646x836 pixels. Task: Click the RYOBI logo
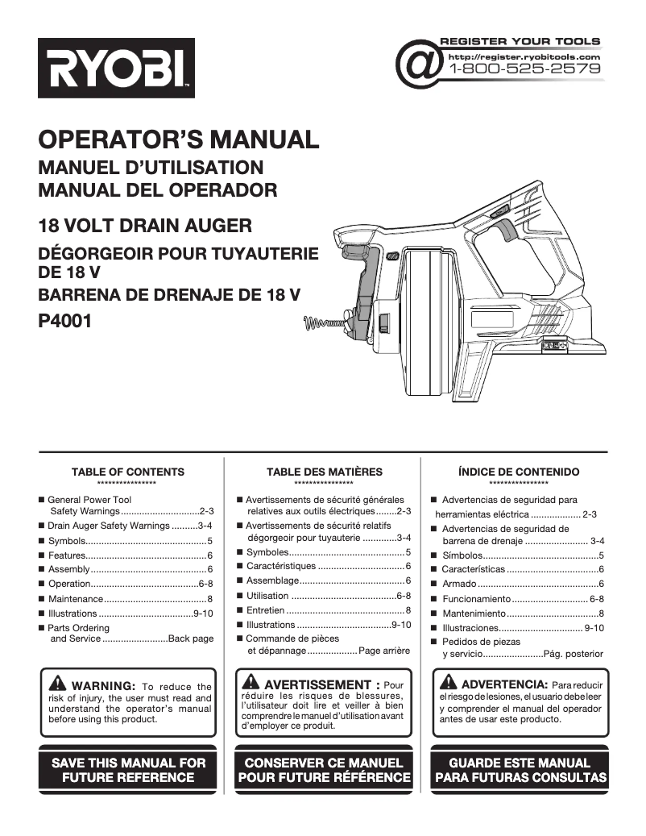pos(116,68)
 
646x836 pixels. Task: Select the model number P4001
pos(65,320)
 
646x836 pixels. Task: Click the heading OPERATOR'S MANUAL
pos(179,139)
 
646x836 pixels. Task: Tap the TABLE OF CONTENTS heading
pos(127,472)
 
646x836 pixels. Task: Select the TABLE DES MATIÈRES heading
pos(325,472)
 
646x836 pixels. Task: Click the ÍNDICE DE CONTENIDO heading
pos(519,472)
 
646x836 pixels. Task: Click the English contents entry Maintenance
pos(76,599)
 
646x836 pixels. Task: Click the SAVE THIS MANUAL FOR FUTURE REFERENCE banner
pos(129,770)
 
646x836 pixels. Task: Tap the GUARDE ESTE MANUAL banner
pos(520,770)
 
